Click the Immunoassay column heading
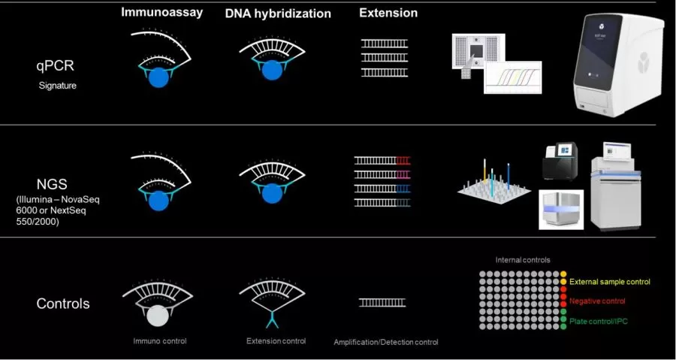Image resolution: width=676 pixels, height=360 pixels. (163, 13)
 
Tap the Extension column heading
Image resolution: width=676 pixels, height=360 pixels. (388, 13)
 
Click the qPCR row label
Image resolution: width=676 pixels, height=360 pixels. (57, 66)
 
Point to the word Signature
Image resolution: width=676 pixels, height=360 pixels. (58, 86)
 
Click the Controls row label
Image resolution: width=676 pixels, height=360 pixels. (63, 304)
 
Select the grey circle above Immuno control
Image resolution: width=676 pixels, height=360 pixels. (158, 314)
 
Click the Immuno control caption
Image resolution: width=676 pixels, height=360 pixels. (159, 341)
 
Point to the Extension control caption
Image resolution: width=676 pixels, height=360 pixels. (276, 341)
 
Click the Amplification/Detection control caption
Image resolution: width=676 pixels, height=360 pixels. (385, 342)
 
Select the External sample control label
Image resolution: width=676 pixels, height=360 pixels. (609, 282)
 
